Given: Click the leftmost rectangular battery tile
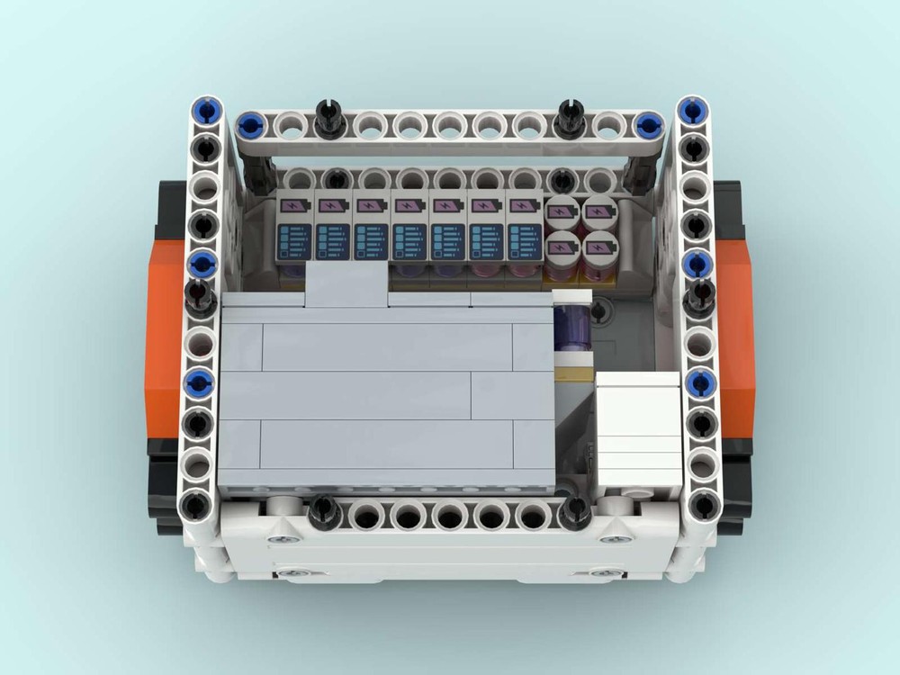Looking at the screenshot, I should click(295, 228).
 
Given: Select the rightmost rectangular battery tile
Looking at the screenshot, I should click(524, 228).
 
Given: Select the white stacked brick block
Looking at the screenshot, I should click(638, 429).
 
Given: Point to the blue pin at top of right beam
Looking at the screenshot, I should click(692, 112).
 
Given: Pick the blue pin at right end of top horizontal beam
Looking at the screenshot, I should click(645, 125).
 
